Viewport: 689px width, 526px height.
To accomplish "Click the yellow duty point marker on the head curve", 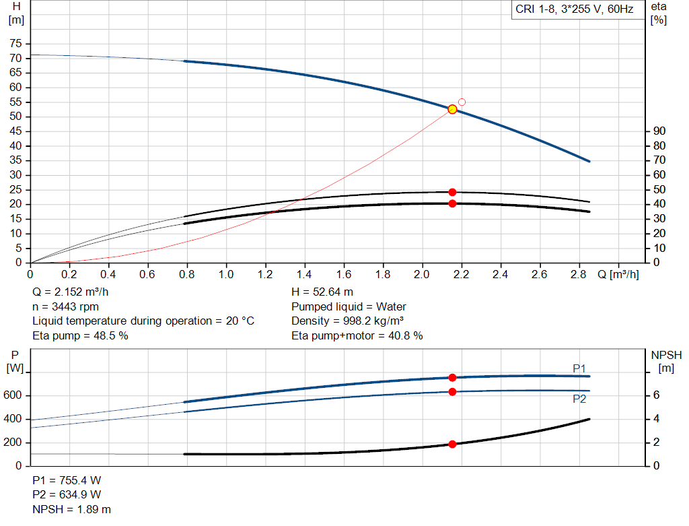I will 452,109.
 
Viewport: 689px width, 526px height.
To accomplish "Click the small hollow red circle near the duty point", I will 462,102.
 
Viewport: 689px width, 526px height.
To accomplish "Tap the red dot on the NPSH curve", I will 452,444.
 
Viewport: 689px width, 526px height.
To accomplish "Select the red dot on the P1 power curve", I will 452,378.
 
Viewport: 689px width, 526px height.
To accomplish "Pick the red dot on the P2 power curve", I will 452,392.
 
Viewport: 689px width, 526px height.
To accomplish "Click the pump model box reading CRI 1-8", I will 574,10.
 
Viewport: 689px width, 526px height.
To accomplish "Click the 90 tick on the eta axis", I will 659,131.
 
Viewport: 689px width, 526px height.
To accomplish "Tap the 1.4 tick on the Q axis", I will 304,275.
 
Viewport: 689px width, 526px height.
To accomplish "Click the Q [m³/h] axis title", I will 618,275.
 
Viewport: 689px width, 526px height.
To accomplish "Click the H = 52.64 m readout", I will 322,292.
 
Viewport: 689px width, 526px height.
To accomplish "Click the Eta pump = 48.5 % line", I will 80,335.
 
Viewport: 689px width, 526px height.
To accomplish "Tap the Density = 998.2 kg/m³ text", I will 347,321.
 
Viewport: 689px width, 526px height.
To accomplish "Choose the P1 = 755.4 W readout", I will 67,480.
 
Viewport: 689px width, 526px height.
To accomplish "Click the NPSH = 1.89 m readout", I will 72,509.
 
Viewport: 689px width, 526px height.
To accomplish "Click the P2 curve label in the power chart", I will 579,399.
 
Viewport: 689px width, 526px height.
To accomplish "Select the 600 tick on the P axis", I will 14,395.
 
